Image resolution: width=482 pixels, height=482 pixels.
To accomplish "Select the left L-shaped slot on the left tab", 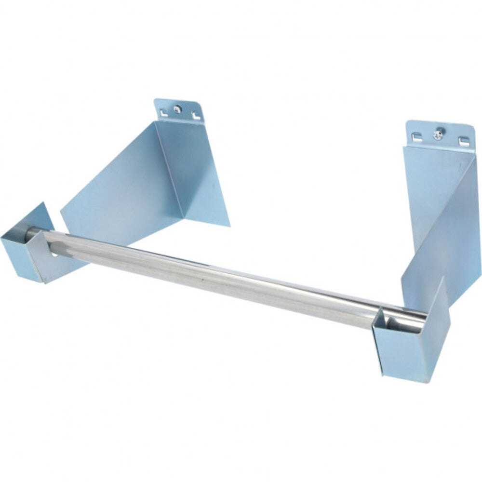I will [x=163, y=113].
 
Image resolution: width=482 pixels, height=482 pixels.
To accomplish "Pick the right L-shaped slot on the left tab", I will [x=195, y=116].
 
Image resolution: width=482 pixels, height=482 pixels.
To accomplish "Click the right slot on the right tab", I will [x=463, y=141].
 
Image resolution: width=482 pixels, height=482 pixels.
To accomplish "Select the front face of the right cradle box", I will [x=398, y=352].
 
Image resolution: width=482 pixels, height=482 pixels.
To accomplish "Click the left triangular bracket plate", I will [x=120, y=188].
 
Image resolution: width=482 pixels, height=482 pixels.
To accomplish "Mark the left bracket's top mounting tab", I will [x=178, y=111].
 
